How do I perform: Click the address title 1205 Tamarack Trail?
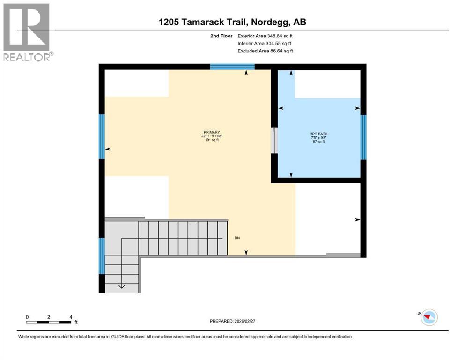coord(232,22)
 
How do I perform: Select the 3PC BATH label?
coord(319,134)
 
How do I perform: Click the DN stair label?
coord(237,238)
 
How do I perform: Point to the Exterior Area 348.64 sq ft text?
coord(266,36)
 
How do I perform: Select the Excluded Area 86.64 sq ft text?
coord(266,51)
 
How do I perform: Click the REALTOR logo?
coord(27,31)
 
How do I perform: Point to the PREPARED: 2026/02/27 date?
coord(232,321)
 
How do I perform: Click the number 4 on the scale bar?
coord(71,317)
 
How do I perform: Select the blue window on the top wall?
coord(232,67)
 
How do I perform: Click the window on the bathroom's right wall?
coord(363,136)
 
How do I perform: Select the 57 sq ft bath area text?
coord(319,142)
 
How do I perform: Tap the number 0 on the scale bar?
coord(27,317)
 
